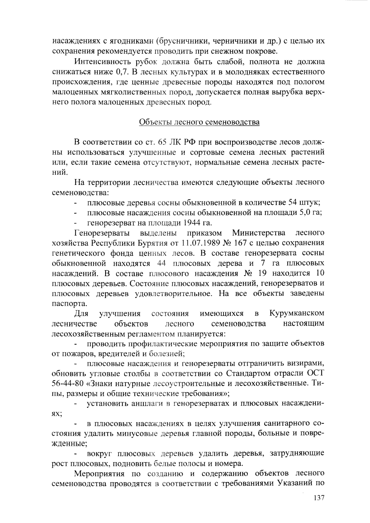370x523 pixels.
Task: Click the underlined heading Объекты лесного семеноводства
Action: coord(199,122)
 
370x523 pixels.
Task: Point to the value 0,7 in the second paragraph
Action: coord(123,72)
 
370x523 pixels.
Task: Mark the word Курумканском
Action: coord(297,314)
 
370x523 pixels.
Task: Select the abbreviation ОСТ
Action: coord(316,374)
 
